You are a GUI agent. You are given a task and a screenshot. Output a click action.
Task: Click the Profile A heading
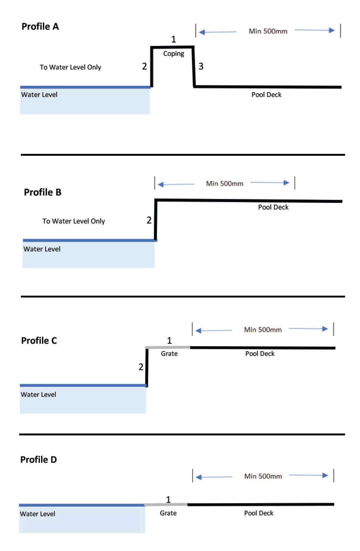click(x=40, y=26)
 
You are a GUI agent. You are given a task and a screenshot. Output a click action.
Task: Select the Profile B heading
click(x=43, y=192)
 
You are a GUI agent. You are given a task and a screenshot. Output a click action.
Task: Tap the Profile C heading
click(x=39, y=340)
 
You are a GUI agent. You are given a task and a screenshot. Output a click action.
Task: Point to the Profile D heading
click(x=38, y=460)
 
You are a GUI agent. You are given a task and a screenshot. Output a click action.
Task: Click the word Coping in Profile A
click(x=174, y=54)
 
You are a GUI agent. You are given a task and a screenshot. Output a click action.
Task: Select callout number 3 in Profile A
click(x=201, y=67)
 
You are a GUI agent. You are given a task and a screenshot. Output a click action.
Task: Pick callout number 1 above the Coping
click(x=174, y=39)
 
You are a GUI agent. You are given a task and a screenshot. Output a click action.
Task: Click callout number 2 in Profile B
click(x=149, y=220)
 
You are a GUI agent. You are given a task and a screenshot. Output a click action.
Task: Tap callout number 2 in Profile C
click(x=141, y=367)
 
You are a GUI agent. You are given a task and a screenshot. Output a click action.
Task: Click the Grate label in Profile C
click(x=169, y=354)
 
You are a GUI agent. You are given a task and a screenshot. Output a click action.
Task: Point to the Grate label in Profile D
click(x=168, y=513)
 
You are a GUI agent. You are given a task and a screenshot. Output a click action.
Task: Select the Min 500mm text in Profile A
click(x=268, y=31)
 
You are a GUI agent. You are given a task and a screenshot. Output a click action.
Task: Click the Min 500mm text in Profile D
click(x=263, y=476)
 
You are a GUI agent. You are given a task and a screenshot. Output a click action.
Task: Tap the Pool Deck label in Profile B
click(x=273, y=207)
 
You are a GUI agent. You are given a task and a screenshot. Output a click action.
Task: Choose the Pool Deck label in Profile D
click(x=259, y=513)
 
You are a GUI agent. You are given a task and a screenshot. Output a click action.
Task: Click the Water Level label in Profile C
click(x=38, y=395)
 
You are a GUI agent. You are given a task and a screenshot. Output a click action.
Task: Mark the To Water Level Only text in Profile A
click(x=70, y=67)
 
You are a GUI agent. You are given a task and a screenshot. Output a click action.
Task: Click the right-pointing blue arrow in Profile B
click(x=270, y=183)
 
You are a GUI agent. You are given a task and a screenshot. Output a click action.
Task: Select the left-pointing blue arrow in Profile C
click(x=214, y=330)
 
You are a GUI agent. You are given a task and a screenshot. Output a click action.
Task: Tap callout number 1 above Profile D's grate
click(x=168, y=500)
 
